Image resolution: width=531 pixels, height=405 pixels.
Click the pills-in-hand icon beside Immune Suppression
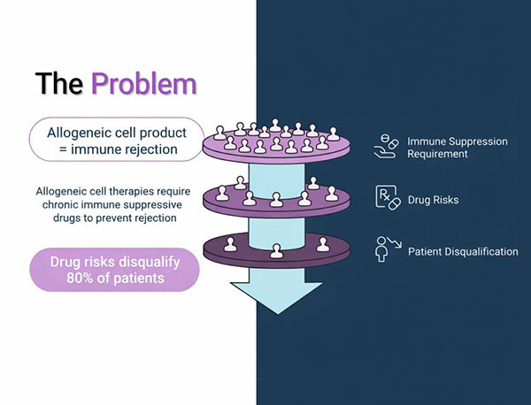[386, 147]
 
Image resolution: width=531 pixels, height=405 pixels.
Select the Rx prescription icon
[387, 199]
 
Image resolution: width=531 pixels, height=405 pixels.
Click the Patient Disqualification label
[462, 252]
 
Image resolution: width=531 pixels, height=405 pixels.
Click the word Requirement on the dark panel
[437, 155]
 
